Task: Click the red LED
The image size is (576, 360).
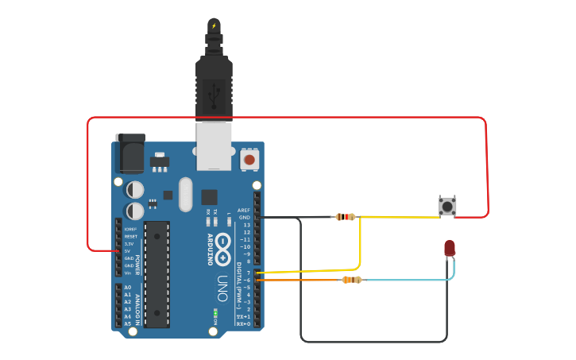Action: point(450,248)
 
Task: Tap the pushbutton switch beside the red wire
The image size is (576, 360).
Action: point(448,206)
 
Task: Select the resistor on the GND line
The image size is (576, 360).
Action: point(346,216)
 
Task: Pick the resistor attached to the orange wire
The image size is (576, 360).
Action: point(351,280)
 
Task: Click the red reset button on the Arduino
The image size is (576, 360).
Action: point(249,160)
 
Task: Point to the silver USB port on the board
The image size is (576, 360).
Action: point(214,146)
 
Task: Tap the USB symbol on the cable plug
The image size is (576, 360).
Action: point(214,97)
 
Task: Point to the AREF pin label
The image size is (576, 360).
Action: point(244,211)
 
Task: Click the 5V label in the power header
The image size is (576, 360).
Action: point(127,251)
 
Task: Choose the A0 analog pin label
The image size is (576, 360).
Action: point(127,287)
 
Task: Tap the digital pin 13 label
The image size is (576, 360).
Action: point(246,225)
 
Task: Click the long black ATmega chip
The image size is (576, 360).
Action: point(157,274)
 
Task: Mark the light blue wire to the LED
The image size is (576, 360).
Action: point(413,280)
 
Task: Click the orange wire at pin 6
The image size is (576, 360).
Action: point(302,280)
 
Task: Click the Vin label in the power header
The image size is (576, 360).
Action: point(127,273)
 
